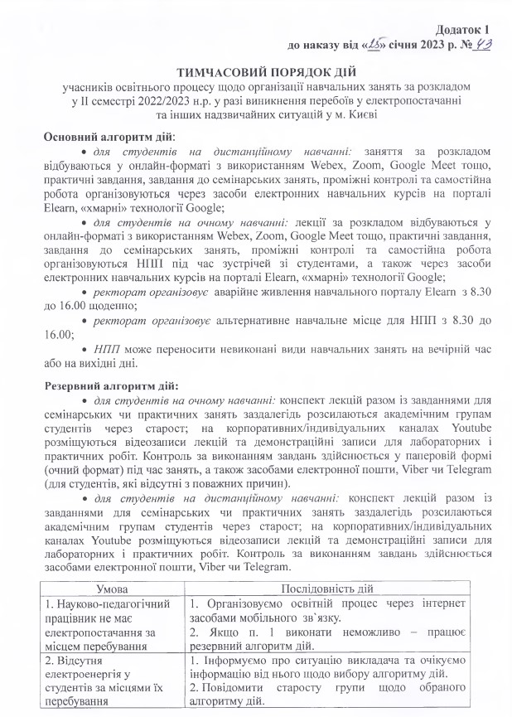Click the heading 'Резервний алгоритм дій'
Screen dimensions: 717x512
click(x=109, y=385)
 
